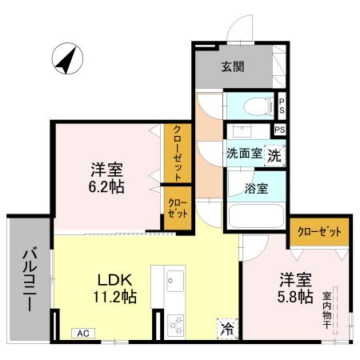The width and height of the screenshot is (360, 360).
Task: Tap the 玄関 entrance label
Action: (234, 66)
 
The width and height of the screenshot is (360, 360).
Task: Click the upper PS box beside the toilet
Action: (282, 105)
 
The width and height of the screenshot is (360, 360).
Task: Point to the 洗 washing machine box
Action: (274, 155)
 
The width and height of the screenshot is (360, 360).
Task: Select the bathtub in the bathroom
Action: (255, 216)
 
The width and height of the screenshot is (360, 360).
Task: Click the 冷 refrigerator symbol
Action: (227, 326)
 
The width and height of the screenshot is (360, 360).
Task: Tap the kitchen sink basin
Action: (176, 281)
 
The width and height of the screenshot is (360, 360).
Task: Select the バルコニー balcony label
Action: (29, 281)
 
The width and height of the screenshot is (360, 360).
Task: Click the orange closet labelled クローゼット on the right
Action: (319, 232)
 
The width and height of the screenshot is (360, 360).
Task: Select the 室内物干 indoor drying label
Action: (327, 305)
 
